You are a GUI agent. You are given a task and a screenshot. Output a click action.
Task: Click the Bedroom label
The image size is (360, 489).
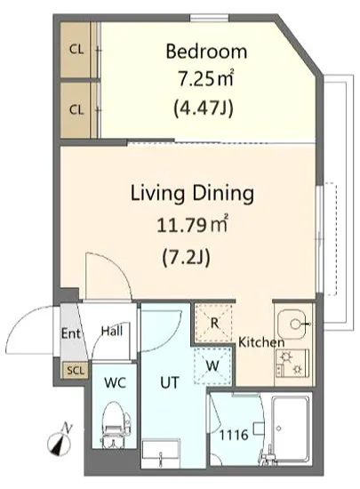pos(206,52)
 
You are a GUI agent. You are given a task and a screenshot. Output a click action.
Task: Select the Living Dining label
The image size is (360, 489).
pos(192,193)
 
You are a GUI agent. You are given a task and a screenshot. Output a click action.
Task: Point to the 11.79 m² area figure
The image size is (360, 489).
pos(193,224)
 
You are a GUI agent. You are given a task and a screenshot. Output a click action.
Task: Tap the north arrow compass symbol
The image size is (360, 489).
pos(60,439)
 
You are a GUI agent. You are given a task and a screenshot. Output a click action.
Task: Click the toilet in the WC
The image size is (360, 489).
pos(115,425)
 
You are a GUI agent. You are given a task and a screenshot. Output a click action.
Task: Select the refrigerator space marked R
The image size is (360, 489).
pos(214,323)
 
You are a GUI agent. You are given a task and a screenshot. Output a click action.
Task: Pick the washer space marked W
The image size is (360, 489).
pos(212,365)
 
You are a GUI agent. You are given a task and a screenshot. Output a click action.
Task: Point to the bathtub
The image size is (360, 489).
pos(290,430)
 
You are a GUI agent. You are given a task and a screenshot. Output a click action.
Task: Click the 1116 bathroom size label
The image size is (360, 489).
pos(234,435)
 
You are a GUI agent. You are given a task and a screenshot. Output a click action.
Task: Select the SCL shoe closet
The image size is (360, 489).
pos(76,370)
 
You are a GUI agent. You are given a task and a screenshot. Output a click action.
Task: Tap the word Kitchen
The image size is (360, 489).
pos(261,342)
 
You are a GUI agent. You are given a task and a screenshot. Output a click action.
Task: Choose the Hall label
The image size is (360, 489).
pos(112,331)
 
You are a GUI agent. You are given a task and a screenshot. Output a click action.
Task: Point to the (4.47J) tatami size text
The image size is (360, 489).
pos(204,108)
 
